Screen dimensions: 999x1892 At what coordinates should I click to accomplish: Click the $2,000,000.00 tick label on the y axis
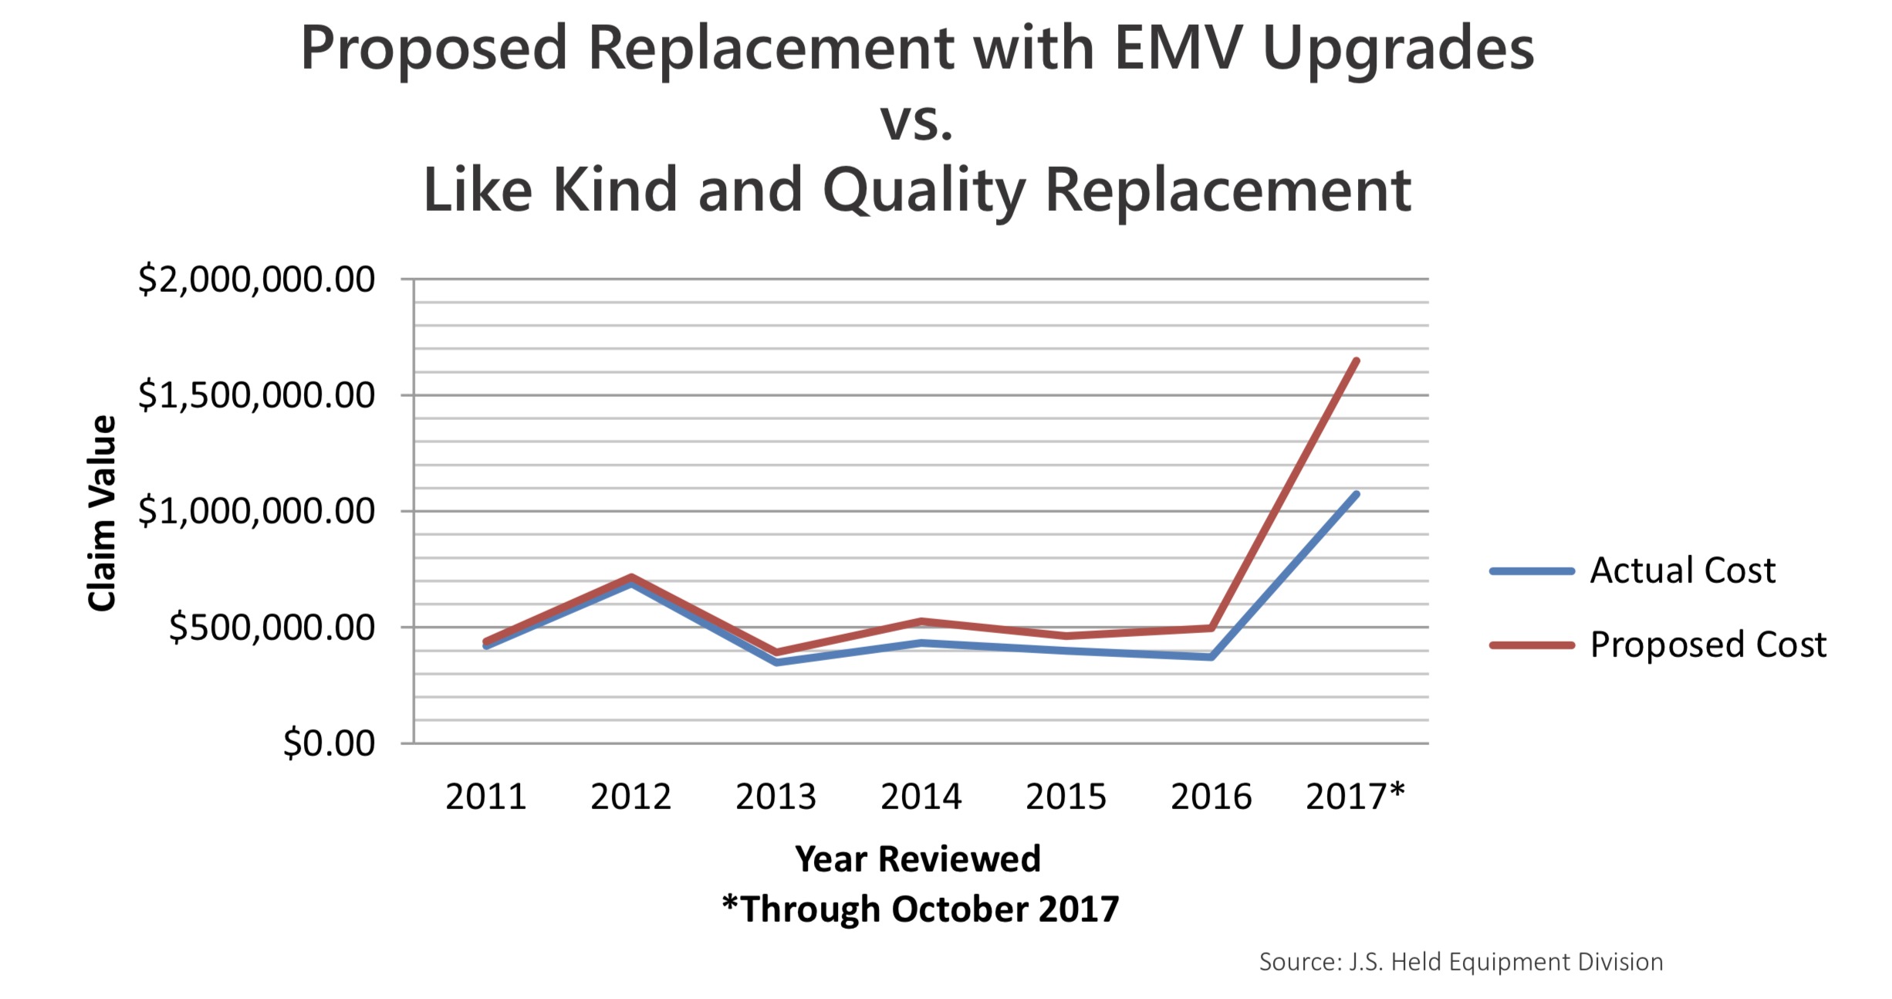256,279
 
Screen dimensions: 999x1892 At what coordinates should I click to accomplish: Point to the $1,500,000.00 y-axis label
256,395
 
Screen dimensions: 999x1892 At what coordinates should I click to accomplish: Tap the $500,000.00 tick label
272,628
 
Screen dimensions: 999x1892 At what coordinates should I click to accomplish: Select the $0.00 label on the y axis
329,743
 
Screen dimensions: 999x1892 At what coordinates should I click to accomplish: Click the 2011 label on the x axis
485,797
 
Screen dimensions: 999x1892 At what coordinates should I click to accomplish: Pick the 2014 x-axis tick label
921,797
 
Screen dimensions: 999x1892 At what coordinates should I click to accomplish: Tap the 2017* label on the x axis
1355,797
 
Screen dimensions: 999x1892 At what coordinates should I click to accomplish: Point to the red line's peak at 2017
1356,361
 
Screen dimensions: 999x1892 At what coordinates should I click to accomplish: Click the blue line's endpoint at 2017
1356,494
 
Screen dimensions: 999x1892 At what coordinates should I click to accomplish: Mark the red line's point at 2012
631,577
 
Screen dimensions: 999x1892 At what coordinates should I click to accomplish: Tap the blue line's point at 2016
1211,657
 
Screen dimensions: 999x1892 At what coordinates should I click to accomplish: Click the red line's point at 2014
921,621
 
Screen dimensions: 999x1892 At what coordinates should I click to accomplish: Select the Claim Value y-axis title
102,513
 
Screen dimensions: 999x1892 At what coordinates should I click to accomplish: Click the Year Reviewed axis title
917,859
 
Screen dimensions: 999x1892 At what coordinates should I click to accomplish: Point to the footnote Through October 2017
921,909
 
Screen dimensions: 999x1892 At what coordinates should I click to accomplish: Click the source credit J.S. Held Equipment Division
1461,962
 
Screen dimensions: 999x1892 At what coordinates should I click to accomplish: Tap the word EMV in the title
1178,48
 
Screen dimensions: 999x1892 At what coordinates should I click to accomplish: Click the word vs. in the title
917,122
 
